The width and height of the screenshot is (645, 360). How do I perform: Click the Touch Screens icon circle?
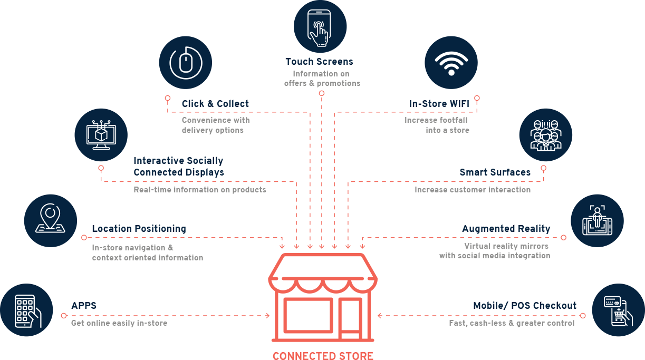320,26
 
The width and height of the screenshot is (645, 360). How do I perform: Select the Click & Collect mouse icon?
185,62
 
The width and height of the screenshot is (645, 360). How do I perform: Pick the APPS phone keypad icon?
27,310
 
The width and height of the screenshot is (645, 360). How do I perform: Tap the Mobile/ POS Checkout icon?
618,310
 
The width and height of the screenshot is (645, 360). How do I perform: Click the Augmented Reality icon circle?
597,220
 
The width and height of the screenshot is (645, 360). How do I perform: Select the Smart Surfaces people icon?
545,135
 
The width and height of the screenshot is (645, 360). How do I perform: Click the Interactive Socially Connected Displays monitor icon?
101,135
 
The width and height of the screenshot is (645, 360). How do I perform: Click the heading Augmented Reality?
506,229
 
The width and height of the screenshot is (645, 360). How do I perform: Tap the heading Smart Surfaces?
495,172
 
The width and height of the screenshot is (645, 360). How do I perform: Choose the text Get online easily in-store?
119,323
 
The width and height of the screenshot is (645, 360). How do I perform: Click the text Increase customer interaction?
473,190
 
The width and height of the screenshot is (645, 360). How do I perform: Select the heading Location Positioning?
139,229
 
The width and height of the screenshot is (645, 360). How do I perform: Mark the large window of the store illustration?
309,316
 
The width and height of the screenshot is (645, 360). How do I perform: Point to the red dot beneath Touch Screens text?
321,93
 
